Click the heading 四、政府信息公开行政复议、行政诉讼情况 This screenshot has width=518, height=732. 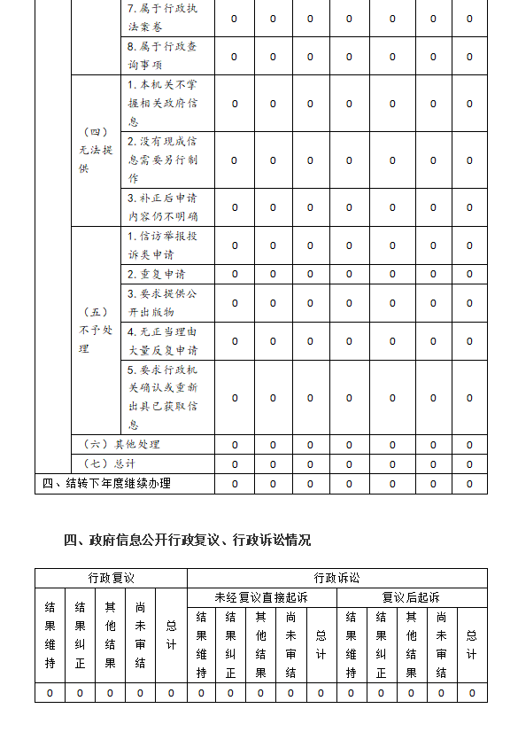187,540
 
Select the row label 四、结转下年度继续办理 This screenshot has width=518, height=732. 106,484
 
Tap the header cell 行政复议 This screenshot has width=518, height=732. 111,578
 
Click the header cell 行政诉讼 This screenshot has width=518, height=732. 336,578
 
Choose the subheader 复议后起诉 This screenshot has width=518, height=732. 411,597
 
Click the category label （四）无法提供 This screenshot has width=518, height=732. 96,151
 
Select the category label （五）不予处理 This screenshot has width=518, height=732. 96,331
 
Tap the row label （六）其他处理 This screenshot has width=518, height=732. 121,444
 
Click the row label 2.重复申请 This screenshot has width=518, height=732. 156,274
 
